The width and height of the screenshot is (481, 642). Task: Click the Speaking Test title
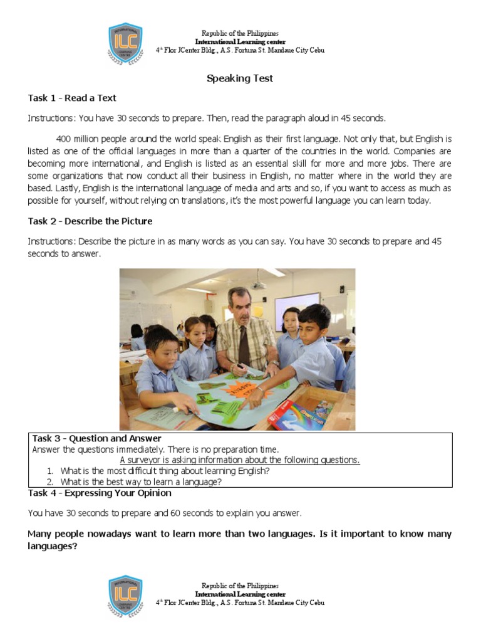[x=240, y=79]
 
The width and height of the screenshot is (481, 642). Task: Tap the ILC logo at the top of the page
[x=125, y=44]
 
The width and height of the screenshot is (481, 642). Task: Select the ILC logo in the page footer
[x=125, y=597]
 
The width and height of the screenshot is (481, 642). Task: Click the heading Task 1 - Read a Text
[x=72, y=98]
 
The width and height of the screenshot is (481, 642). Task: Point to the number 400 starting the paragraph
[x=64, y=138]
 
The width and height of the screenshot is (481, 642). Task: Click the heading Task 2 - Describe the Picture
[x=90, y=221]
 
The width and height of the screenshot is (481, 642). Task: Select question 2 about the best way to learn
[x=141, y=482]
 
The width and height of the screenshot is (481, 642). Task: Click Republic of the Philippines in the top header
[x=240, y=33]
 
